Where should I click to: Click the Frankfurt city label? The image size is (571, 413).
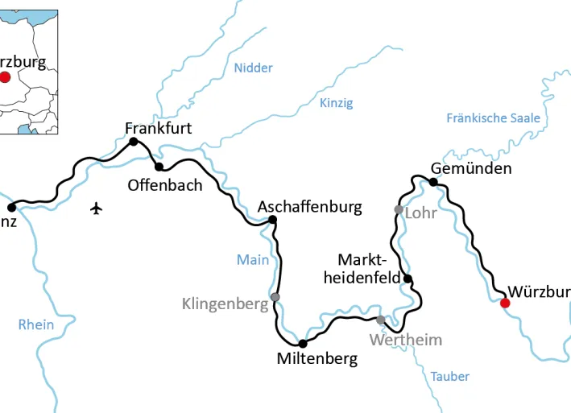(159, 127)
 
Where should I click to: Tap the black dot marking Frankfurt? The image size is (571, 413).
(134, 142)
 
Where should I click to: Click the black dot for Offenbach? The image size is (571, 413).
(159, 167)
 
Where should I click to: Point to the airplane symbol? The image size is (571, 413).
(97, 209)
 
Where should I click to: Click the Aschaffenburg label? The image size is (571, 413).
(310, 207)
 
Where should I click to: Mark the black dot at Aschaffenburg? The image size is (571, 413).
(272, 219)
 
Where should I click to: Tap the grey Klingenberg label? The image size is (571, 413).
(225, 304)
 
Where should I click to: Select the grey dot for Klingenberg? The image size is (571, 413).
(275, 297)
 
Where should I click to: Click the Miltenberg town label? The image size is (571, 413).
(317, 359)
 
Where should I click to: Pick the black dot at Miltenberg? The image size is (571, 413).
(303, 343)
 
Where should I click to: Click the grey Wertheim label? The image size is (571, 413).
(406, 340)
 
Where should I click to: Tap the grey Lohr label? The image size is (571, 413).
(420, 213)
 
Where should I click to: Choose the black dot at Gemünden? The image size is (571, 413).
(433, 182)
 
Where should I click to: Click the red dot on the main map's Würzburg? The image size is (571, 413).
(505, 304)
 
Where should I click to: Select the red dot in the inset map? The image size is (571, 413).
(5, 77)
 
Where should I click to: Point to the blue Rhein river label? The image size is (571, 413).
(36, 324)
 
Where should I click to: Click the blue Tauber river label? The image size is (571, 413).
(449, 376)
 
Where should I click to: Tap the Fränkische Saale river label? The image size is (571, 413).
(494, 118)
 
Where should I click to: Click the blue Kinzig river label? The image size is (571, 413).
(336, 103)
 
